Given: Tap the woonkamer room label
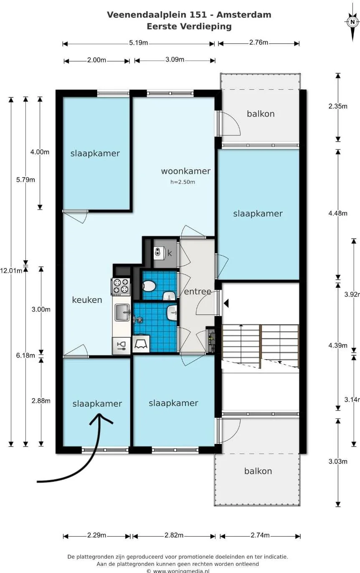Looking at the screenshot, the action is [x=186, y=171].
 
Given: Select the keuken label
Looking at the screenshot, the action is [x=87, y=299].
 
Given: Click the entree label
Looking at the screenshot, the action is [x=198, y=292].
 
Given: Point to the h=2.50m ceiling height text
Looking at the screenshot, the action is [x=183, y=182].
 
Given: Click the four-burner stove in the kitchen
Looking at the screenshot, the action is [x=121, y=286].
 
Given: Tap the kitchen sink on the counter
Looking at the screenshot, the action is [x=122, y=312].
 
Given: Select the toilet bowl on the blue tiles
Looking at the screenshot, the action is [x=149, y=286].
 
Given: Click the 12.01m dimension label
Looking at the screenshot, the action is [x=11, y=271].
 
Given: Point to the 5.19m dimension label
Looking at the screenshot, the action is [x=138, y=43].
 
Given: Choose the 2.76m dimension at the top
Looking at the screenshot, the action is [x=259, y=42].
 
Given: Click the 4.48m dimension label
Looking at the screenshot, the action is [x=338, y=213].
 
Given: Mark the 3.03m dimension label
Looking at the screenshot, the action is [x=338, y=461].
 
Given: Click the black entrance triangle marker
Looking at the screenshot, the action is [x=226, y=303].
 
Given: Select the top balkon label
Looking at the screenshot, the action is [x=261, y=114].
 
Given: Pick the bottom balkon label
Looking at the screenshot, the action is [x=258, y=471].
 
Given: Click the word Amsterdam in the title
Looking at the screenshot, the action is [x=244, y=15].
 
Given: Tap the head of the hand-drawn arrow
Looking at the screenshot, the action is [x=101, y=419].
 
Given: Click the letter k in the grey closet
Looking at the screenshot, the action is [x=170, y=253].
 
